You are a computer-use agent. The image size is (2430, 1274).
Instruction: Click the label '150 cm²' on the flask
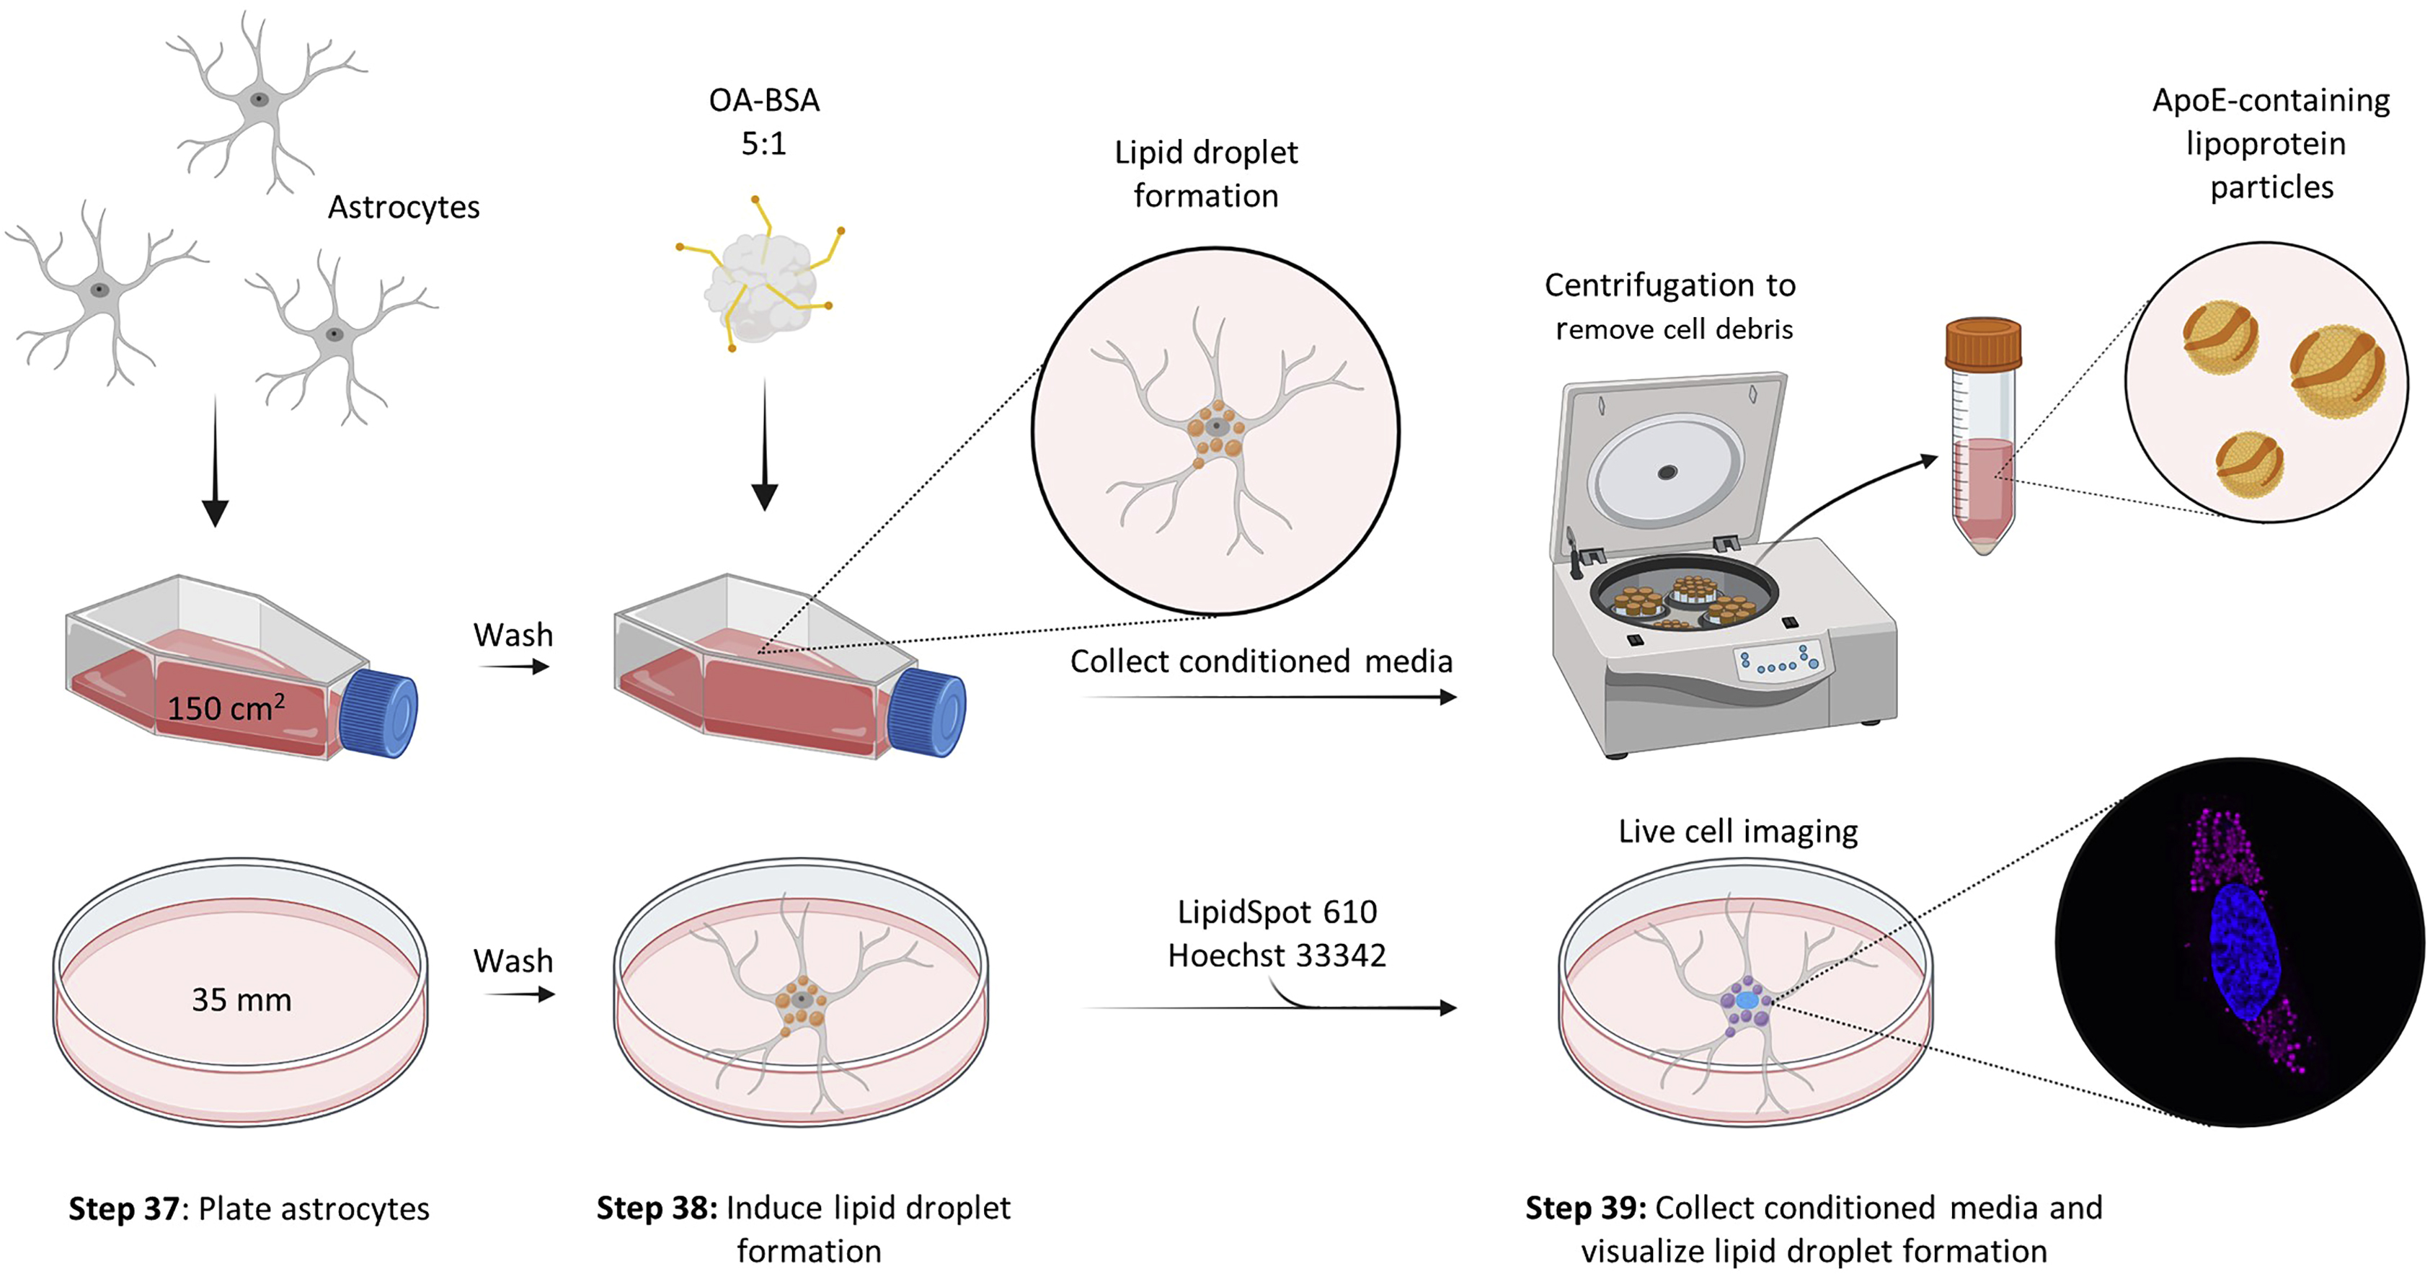[226, 707]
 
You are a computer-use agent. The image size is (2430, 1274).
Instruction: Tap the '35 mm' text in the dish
[241, 999]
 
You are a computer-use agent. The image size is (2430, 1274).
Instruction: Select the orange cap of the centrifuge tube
[1983, 344]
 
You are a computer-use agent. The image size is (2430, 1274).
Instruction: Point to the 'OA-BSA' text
[764, 100]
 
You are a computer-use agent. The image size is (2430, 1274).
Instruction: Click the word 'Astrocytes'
[404, 207]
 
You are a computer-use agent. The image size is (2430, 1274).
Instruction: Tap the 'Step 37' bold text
[123, 1209]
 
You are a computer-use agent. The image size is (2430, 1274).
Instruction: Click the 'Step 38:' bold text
[657, 1208]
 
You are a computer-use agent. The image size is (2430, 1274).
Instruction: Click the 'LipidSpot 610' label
[1277, 912]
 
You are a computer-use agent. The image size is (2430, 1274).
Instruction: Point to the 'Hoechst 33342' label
[1277, 955]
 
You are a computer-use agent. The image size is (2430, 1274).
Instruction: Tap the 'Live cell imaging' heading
[1737, 831]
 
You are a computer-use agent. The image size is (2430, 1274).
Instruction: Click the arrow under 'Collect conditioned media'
[1269, 698]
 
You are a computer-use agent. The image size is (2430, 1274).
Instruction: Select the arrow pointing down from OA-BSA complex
[764, 443]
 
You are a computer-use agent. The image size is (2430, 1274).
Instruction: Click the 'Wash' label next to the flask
[513, 635]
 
